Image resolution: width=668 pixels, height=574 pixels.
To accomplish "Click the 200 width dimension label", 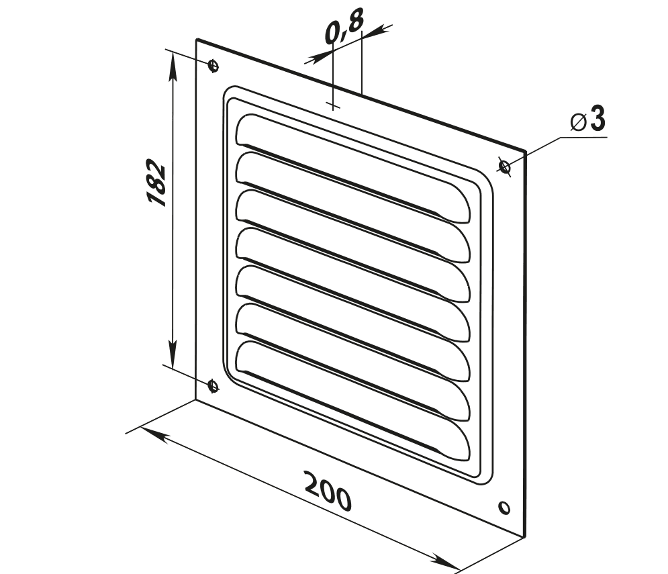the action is click(x=328, y=491).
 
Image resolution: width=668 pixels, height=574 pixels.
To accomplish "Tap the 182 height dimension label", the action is click(x=156, y=183).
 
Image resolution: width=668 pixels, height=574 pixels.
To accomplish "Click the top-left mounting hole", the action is click(x=213, y=66).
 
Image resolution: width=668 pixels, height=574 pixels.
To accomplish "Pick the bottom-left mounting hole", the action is click(x=213, y=385).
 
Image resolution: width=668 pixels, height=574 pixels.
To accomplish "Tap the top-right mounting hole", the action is click(x=504, y=166).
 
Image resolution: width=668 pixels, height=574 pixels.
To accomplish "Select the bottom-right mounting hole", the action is click(x=504, y=507).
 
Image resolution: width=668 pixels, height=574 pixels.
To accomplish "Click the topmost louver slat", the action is click(x=352, y=169).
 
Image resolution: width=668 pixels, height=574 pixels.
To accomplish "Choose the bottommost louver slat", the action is click(x=352, y=401).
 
